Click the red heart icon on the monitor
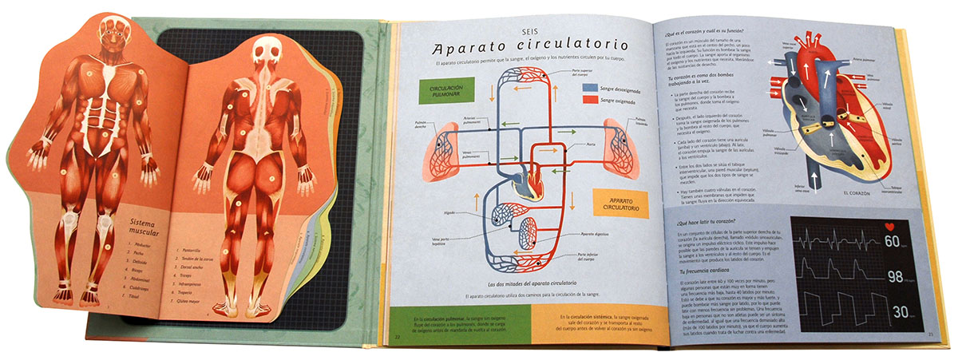[892, 227]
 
